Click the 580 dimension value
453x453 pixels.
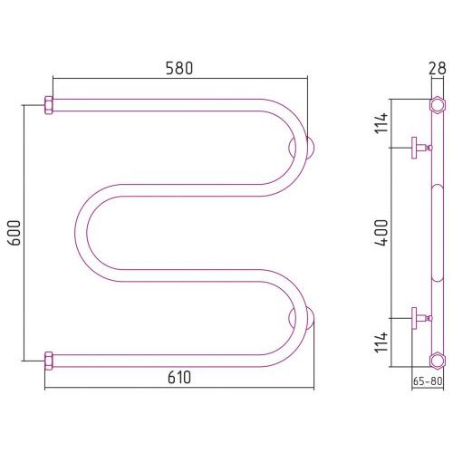(x=179, y=68)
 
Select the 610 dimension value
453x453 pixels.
(x=179, y=378)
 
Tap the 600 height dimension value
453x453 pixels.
(x=14, y=233)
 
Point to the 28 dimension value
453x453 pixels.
(x=437, y=69)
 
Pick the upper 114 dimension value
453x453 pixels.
(x=381, y=122)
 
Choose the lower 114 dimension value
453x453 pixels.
(x=381, y=342)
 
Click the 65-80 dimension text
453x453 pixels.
(x=428, y=381)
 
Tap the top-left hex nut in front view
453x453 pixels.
(x=49, y=105)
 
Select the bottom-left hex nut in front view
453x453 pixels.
(x=49, y=361)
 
